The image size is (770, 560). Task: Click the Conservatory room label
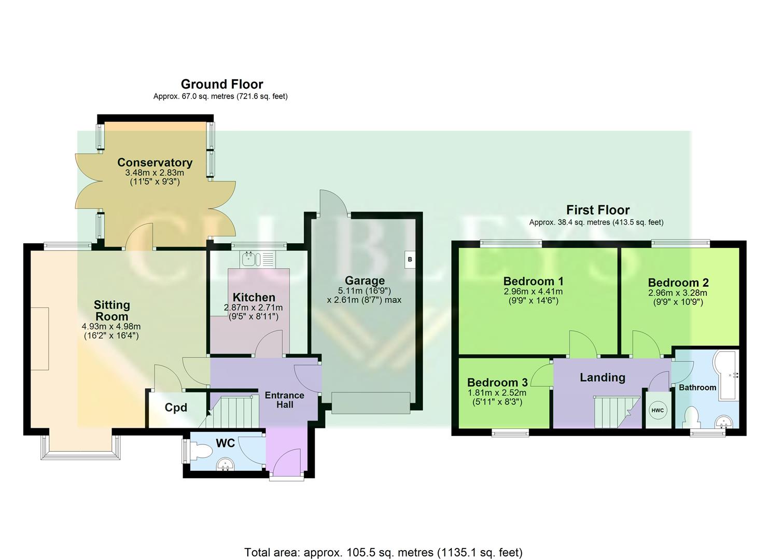(155, 162)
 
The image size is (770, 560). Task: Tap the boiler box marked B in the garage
(410, 259)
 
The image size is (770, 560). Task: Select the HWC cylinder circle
(657, 411)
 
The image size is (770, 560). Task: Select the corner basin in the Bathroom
(724, 423)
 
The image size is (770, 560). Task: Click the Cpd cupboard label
(176, 408)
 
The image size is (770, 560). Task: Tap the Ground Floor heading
(221, 84)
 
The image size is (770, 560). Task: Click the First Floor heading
(597, 210)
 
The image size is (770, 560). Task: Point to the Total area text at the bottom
(383, 552)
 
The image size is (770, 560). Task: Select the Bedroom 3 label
(497, 383)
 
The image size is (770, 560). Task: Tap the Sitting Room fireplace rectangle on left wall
(39, 339)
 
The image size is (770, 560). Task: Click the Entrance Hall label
(284, 400)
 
